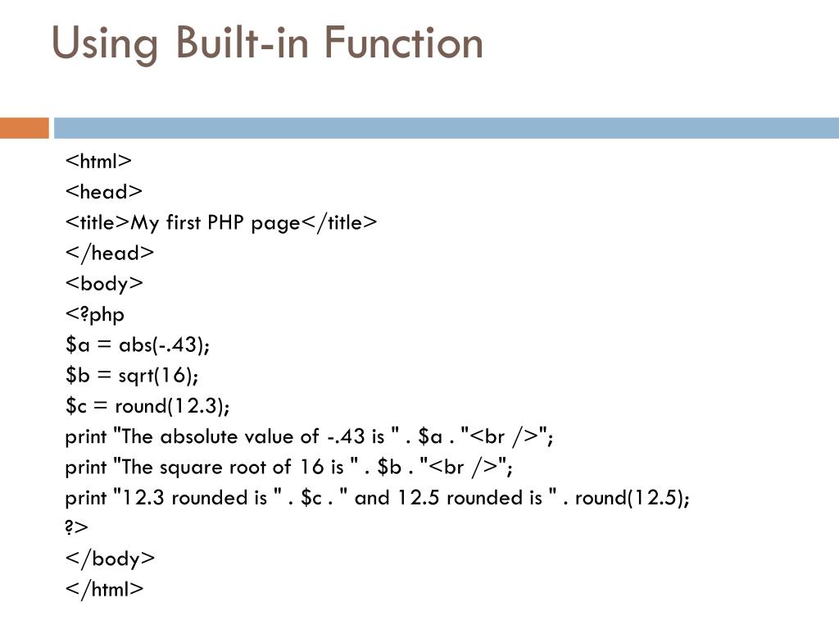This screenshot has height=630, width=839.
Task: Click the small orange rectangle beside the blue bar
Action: pyautogui.click(x=25, y=128)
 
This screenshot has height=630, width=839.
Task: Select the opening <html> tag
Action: pyautogui.click(x=98, y=161)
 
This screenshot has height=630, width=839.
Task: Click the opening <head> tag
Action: pyautogui.click(x=104, y=192)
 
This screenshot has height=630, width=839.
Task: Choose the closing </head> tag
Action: pyautogui.click(x=110, y=253)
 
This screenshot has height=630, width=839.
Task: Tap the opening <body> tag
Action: pyautogui.click(x=104, y=284)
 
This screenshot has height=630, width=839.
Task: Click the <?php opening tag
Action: pyautogui.click(x=95, y=314)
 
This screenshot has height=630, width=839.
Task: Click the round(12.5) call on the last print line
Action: pyautogui.click(x=632, y=498)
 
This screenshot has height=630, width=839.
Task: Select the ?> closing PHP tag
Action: pyautogui.click(x=76, y=528)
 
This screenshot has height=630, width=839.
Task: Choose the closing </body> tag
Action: pyautogui.click(x=110, y=559)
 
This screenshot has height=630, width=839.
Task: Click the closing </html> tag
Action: pyautogui.click(x=104, y=589)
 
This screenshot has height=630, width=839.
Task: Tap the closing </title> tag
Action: pyautogui.click(x=340, y=222)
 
